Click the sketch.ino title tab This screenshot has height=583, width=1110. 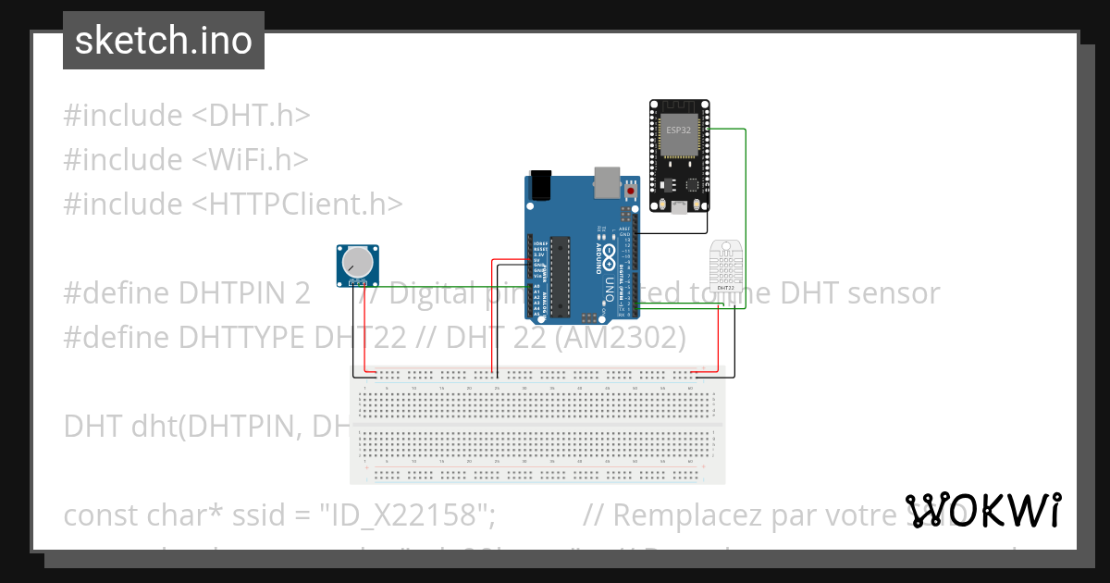[163, 41]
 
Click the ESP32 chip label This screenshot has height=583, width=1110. [678, 130]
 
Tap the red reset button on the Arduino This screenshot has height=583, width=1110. [631, 191]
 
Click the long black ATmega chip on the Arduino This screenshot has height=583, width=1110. [560, 276]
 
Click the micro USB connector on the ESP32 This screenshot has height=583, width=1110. [679, 206]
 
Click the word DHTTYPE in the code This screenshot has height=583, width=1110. [243, 339]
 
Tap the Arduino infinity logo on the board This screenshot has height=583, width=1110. [599, 255]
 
